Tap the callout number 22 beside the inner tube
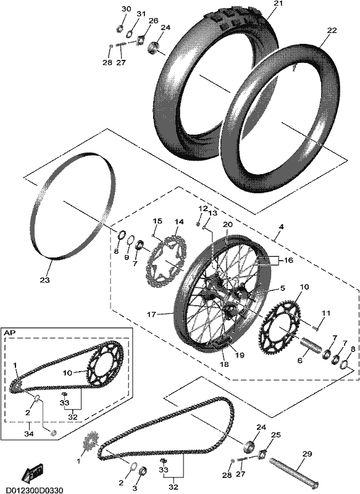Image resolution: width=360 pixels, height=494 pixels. [332, 30]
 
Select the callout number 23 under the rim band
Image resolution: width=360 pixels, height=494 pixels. [44, 280]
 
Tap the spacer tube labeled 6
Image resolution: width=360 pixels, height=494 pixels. [312, 345]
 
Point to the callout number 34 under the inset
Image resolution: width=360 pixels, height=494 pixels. [29, 434]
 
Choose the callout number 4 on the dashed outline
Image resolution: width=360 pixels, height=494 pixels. [281, 227]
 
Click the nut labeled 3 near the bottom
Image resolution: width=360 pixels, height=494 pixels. [142, 471]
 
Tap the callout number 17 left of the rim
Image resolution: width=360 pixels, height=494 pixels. [151, 314]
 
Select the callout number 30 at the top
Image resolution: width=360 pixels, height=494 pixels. [126, 9]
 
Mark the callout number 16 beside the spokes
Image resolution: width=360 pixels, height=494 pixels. [288, 261]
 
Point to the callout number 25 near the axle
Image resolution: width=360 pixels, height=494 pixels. [275, 435]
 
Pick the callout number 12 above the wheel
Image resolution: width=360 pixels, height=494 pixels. [203, 209]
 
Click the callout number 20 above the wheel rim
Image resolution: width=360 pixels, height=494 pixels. [227, 225]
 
